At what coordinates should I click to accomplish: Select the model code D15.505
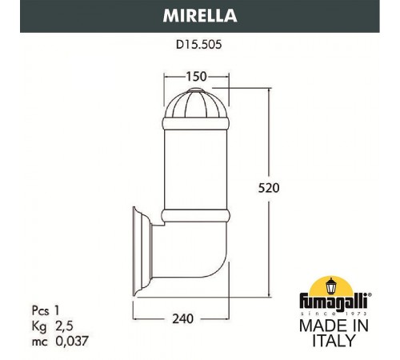200,46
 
